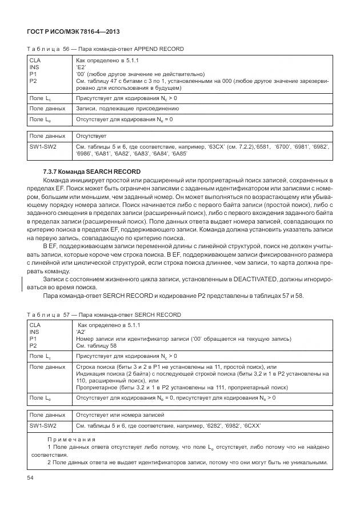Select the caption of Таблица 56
click(113, 49)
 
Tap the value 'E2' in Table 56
click(81, 67)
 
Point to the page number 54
click(30, 477)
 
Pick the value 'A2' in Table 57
click(81, 331)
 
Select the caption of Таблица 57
click(111, 315)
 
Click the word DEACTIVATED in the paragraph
click(254, 280)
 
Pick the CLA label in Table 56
click(34, 59)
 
